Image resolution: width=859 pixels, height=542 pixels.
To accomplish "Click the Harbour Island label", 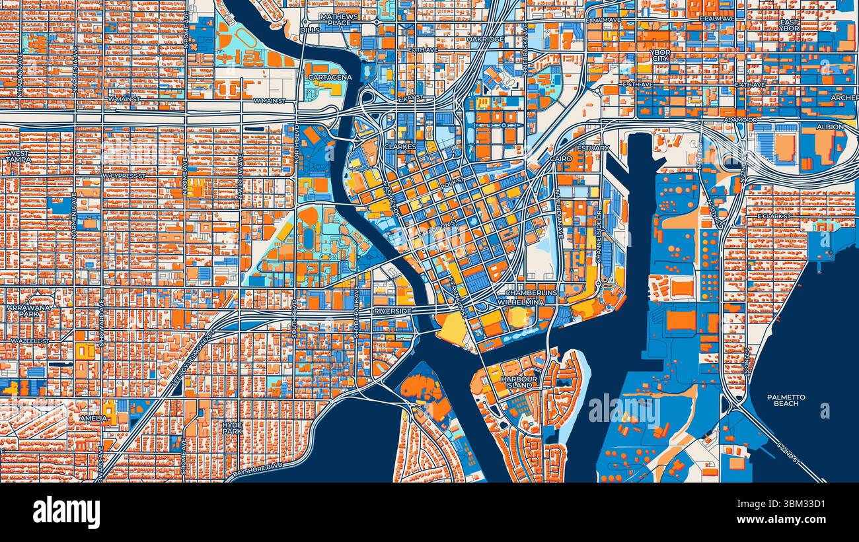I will (x=517, y=382).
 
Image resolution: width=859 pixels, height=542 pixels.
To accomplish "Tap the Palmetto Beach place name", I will (x=786, y=400).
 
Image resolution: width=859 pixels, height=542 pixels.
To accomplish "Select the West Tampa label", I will (x=19, y=156).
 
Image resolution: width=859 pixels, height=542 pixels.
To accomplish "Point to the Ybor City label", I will (x=659, y=55).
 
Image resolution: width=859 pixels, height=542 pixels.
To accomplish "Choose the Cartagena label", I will (x=330, y=77).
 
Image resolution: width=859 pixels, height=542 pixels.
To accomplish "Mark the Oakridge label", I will (x=485, y=40).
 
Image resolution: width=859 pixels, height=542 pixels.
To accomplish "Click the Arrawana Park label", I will (x=24, y=311).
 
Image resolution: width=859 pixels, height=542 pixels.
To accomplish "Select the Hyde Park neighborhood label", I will (x=232, y=427).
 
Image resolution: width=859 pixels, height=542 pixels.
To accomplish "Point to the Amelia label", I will (x=93, y=418).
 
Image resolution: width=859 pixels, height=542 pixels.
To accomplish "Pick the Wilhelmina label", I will (x=521, y=302).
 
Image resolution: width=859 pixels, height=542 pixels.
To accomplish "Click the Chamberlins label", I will (x=531, y=292).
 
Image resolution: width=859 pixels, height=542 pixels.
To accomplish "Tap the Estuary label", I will (x=593, y=148).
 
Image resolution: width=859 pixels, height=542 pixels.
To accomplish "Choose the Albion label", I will (x=830, y=127).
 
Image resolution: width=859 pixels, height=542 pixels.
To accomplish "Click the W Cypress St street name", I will (x=124, y=176).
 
